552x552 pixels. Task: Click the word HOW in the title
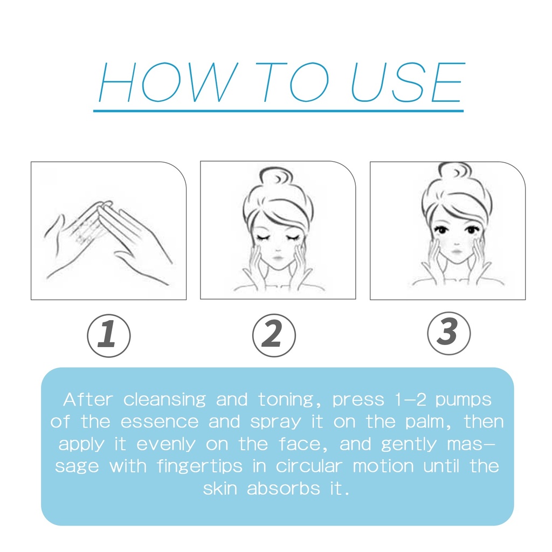click(x=168, y=82)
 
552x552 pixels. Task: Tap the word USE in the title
click(x=408, y=82)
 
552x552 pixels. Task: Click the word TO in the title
click(x=293, y=82)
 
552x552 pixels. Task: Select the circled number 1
click(x=109, y=335)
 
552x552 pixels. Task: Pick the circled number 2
click(x=274, y=335)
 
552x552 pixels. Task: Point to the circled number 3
click(x=449, y=333)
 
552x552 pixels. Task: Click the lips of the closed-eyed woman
click(x=278, y=258)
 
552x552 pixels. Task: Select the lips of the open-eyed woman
click(x=457, y=252)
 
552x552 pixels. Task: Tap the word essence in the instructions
click(x=160, y=422)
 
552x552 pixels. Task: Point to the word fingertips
click(x=199, y=466)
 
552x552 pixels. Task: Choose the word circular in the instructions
click(x=309, y=466)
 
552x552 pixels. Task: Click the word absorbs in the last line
click(x=284, y=488)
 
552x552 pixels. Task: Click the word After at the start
click(x=88, y=399)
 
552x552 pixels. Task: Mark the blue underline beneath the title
click(x=278, y=111)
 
